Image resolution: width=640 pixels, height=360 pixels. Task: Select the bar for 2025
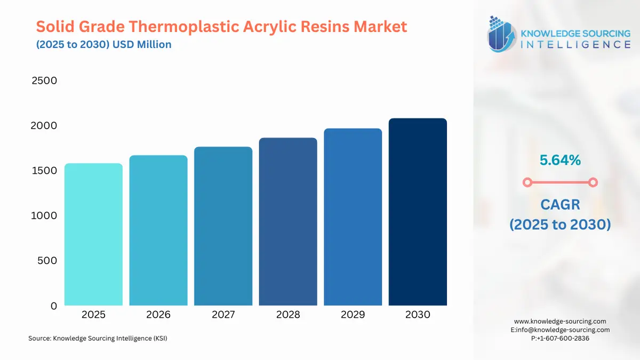tap(93, 235)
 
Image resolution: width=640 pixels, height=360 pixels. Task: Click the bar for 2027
tap(223, 226)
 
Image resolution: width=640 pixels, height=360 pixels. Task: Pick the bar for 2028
tap(288, 222)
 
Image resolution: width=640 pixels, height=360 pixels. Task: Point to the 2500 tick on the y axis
tap(44, 81)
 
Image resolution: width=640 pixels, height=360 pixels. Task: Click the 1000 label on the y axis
tap(44, 216)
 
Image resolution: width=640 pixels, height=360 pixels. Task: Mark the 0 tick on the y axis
tap(53, 306)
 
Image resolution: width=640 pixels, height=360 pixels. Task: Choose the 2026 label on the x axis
tap(158, 315)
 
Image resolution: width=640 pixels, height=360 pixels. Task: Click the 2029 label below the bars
tap(353, 315)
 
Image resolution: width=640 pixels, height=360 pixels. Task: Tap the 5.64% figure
tap(559, 159)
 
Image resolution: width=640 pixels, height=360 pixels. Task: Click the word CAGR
tap(560, 204)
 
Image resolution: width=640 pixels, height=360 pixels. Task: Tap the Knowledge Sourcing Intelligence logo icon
tap(502, 34)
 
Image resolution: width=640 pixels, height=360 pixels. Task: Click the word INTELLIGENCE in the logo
tap(575, 45)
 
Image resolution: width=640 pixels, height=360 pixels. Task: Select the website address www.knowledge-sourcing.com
tap(560, 321)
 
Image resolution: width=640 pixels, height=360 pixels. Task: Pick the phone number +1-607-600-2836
tap(562, 338)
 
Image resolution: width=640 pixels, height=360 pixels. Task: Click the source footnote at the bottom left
tap(98, 338)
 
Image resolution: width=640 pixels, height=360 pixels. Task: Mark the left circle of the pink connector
tap(527, 182)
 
